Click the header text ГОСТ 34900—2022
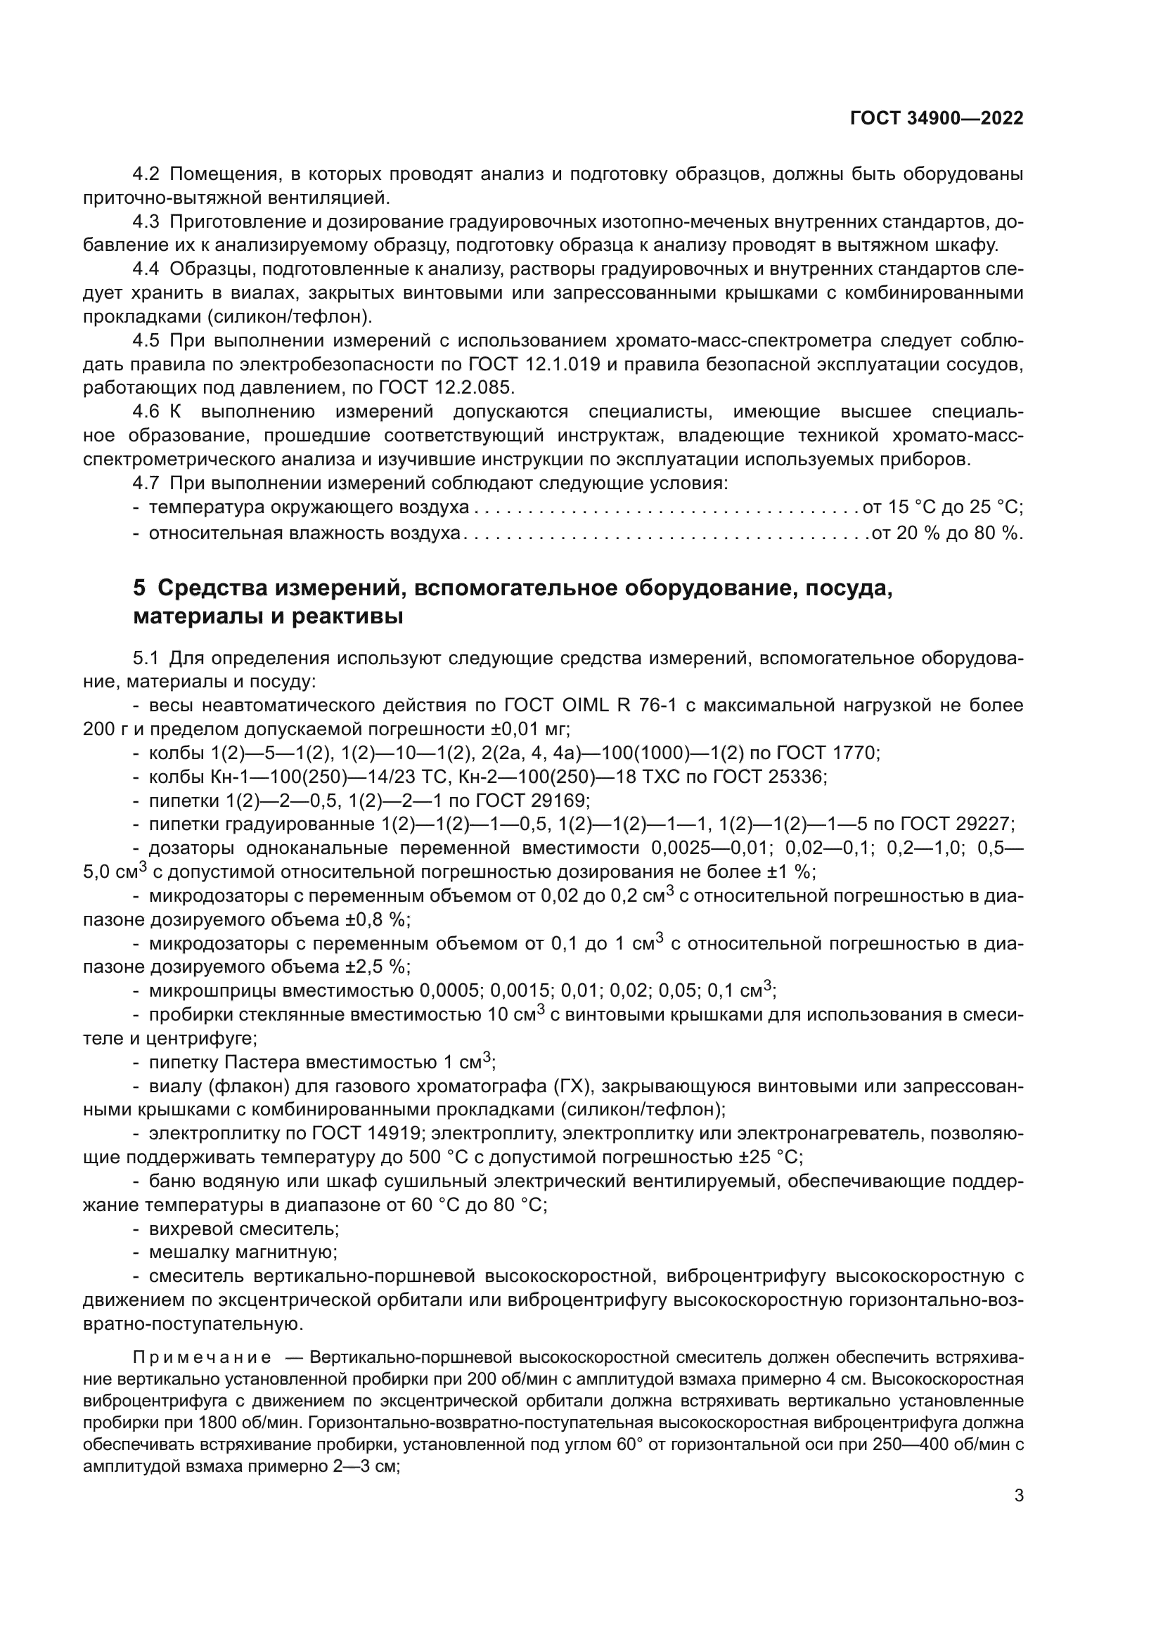[936, 119]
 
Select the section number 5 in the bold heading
[139, 588]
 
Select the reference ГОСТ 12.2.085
[445, 388]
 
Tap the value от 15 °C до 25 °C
[942, 507]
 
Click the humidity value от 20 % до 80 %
[945, 533]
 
